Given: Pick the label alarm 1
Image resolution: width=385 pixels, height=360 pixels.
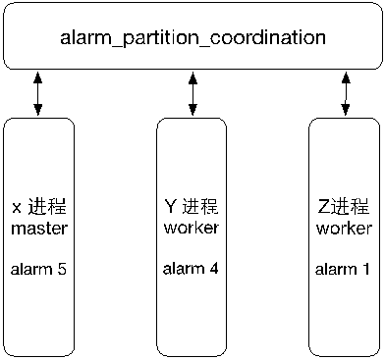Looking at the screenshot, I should coord(344,267).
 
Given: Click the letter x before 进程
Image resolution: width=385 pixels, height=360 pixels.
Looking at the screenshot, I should coord(16,210).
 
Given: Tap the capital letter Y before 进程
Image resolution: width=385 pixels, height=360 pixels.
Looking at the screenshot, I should coord(172,208).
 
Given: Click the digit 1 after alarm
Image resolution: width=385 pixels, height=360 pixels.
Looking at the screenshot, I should coord(366,267).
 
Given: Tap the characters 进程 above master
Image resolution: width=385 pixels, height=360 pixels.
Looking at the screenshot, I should coord(45,210).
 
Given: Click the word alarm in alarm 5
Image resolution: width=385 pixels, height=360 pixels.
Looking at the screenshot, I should coord(31,267).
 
